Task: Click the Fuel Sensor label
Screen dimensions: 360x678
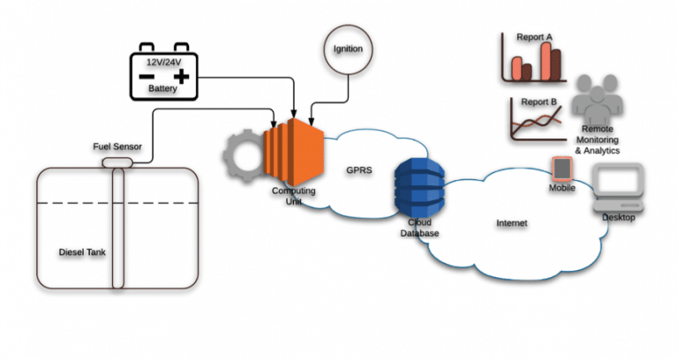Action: pyautogui.click(x=117, y=146)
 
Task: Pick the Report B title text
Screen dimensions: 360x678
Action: pyautogui.click(x=538, y=102)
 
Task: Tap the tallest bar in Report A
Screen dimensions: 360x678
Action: pyautogui.click(x=554, y=62)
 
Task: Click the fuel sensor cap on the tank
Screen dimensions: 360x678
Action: pyautogui.click(x=117, y=161)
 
